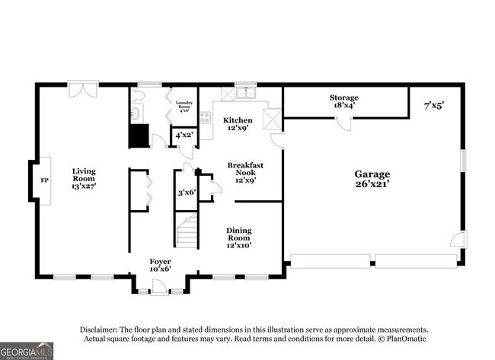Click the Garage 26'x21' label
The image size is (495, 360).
372,179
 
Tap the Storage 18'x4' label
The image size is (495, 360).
343,102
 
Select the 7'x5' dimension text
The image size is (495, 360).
433,107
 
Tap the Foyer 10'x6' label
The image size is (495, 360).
161,265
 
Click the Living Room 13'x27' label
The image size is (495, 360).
84,178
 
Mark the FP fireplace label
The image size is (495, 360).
43,181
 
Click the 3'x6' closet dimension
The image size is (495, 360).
187,193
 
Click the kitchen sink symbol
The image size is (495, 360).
245,94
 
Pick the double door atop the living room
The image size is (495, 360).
79,90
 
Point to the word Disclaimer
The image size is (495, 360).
103,330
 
